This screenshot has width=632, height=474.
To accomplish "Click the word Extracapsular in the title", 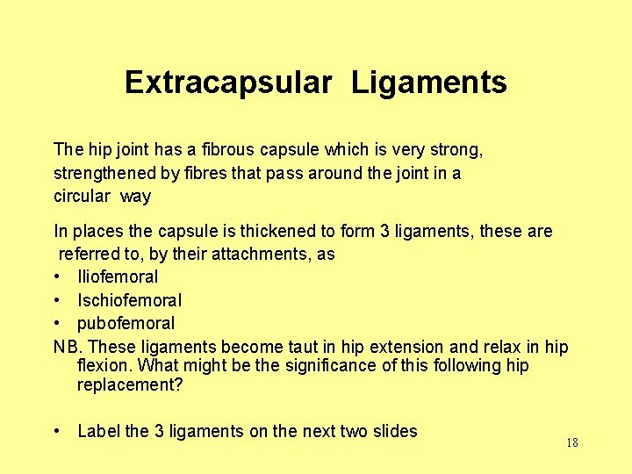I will [228, 83].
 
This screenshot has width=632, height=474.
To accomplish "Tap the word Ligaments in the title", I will [429, 83].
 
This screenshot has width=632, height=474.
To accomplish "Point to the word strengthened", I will [106, 173].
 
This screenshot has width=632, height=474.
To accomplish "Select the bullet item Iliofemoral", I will [118, 277].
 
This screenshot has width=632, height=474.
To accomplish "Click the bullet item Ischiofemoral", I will [130, 300].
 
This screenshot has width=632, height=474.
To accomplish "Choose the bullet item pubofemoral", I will [126, 323].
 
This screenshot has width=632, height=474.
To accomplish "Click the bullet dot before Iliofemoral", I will [57, 277].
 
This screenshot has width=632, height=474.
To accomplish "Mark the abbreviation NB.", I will [67, 346].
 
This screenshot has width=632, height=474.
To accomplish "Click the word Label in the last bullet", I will [99, 431].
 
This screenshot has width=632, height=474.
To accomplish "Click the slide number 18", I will [571, 442].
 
